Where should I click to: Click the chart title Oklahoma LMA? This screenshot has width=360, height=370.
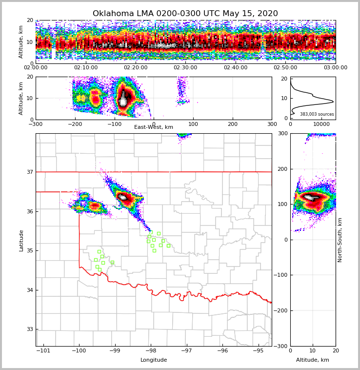[185, 14]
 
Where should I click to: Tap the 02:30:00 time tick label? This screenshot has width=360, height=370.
[185, 68]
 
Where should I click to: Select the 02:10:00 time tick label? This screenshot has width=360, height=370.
[85, 68]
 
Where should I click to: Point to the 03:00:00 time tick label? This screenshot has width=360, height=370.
[335, 68]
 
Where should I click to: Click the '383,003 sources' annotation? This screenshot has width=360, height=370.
[317, 114]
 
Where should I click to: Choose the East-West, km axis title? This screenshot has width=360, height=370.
[153, 127]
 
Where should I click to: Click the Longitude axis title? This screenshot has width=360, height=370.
[153, 360]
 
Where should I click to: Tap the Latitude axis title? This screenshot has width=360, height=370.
[21, 240]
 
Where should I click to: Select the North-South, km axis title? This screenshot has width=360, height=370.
[340, 240]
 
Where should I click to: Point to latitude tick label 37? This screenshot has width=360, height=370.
[29, 172]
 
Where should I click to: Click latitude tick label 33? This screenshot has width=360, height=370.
[29, 329]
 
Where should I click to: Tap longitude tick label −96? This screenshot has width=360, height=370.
[222, 350]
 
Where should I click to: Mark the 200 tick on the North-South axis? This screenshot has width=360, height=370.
[282, 169]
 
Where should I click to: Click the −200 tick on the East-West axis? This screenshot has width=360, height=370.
[75, 124]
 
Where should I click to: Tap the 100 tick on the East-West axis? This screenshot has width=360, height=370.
[193, 124]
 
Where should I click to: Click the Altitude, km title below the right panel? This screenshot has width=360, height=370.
[312, 360]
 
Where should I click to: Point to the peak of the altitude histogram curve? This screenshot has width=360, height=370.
[333, 102]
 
